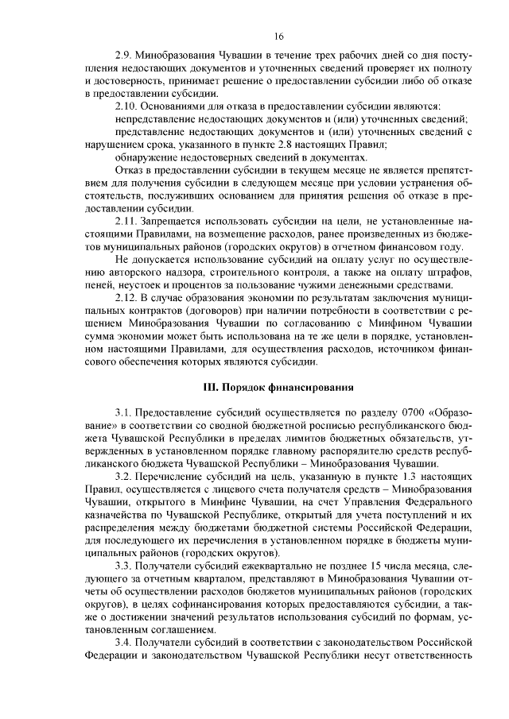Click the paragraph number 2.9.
click(124, 58)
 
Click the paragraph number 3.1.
click(123, 413)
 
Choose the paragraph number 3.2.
click(123, 474)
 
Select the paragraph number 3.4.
click(123, 641)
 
